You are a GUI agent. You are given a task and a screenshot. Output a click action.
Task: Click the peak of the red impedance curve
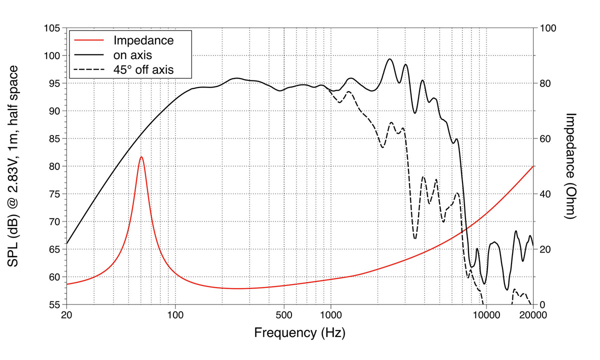point(141,157)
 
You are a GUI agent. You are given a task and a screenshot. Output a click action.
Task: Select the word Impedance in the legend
point(143,40)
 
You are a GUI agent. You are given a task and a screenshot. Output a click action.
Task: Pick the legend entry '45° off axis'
point(143,69)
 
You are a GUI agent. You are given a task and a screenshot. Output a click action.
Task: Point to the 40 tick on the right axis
point(546,194)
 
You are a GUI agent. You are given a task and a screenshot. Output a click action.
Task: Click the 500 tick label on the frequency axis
point(283,315)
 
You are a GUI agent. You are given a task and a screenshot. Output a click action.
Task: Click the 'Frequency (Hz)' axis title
point(299,332)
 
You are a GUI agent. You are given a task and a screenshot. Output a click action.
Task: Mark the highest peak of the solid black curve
point(390,59)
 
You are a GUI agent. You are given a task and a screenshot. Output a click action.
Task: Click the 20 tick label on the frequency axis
point(66,315)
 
